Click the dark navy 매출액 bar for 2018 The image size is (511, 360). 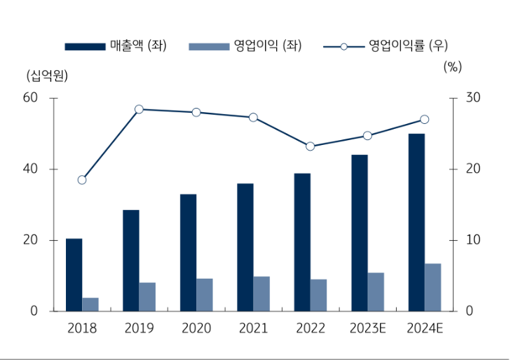[74, 275]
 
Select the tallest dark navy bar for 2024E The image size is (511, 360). [416, 222]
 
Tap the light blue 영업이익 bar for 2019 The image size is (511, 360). [147, 297]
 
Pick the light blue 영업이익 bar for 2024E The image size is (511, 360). [432, 287]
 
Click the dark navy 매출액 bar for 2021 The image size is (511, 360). [245, 247]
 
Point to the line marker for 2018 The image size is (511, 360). [82, 180]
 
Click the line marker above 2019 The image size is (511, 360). [139, 109]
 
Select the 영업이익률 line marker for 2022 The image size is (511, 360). [310, 146]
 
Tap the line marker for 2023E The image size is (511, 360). [367, 135]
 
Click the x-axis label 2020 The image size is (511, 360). [196, 328]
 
